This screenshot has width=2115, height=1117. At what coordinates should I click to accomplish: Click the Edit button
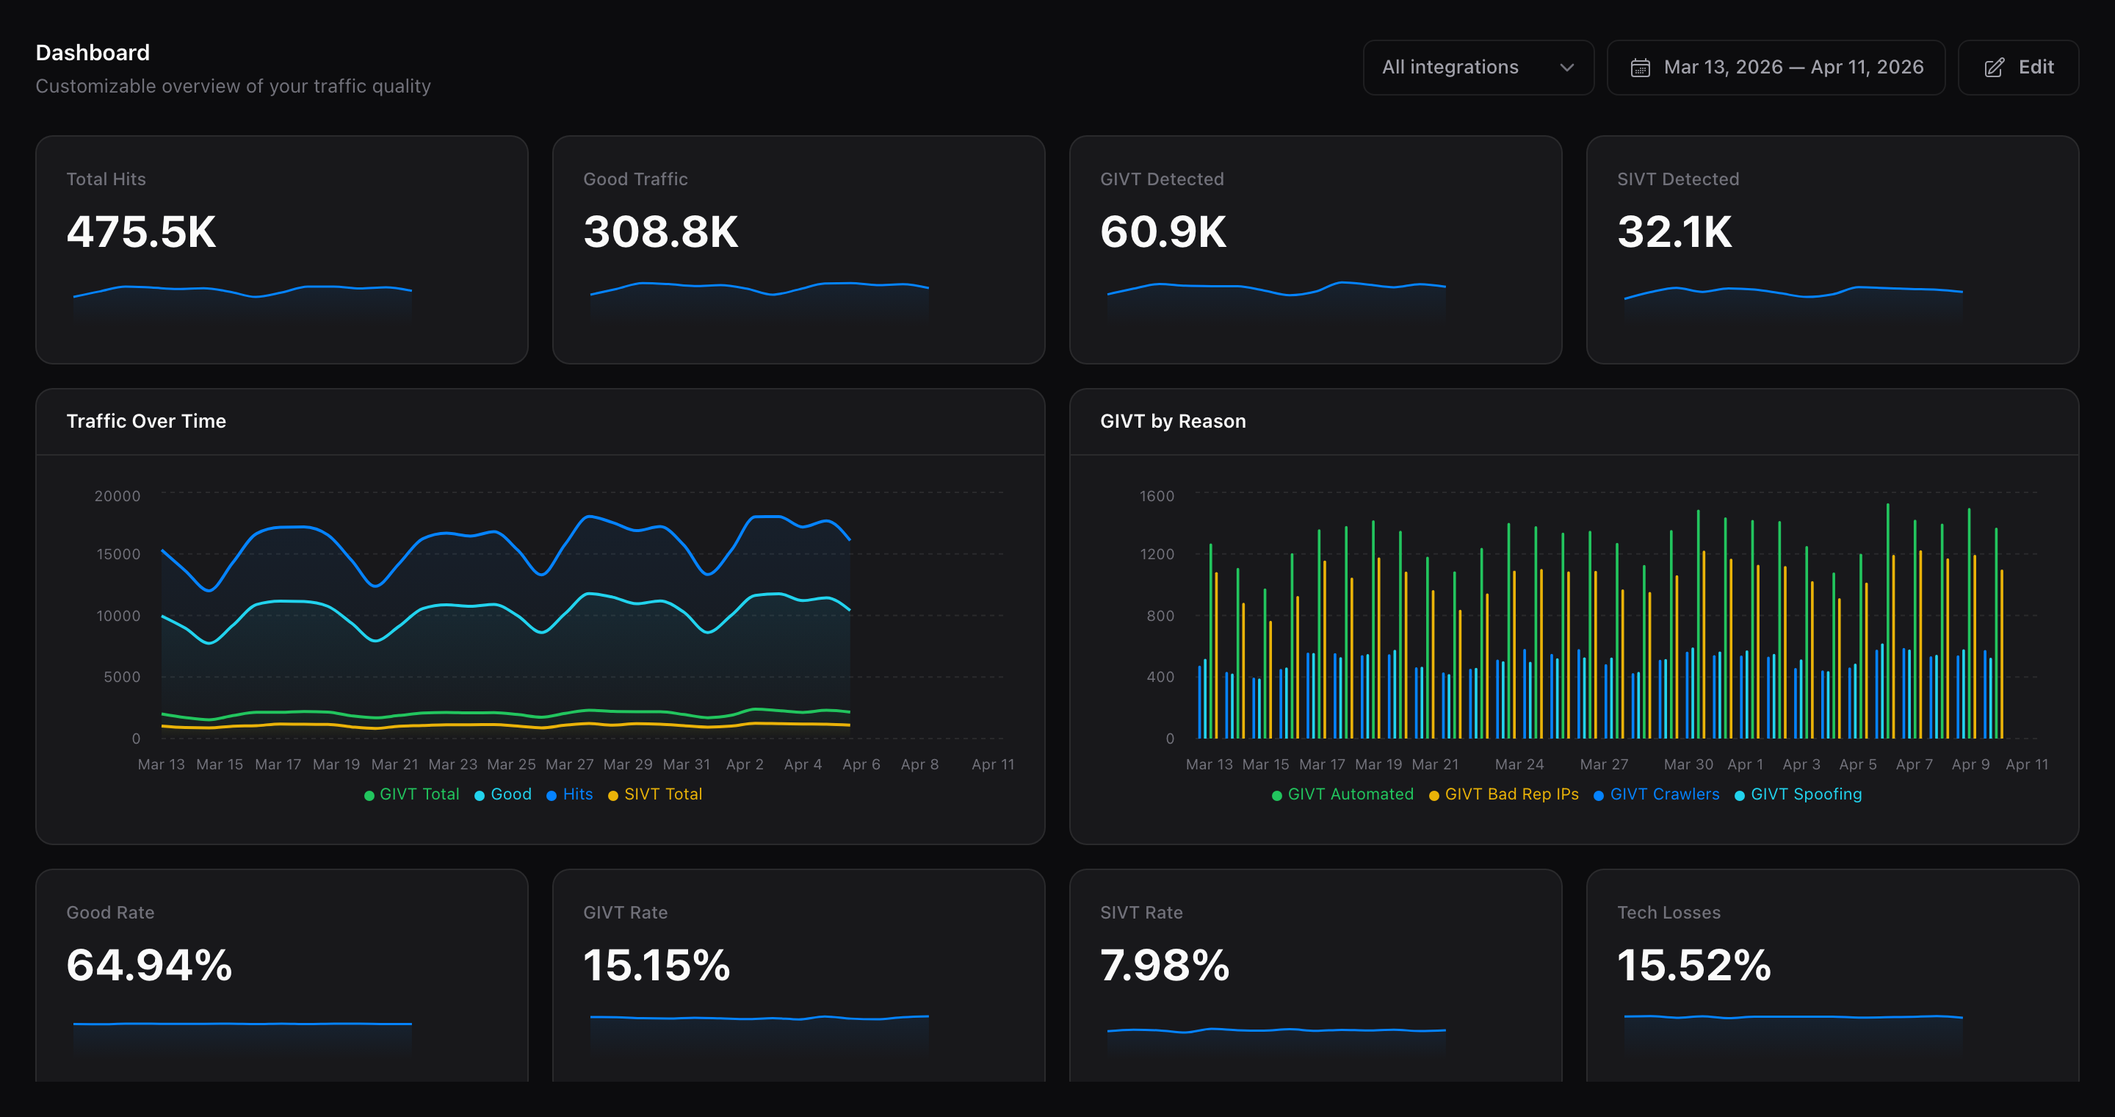(2018, 68)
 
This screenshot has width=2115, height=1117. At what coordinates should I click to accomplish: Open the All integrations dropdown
(1477, 68)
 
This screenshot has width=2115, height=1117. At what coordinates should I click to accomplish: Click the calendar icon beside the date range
(1640, 68)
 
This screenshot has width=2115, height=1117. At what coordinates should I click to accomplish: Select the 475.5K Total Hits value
(141, 231)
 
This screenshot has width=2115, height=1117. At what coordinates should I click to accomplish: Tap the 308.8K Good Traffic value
(660, 231)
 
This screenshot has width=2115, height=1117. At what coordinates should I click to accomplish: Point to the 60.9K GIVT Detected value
(1163, 231)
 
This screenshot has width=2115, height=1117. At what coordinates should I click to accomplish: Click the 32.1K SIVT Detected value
(1674, 231)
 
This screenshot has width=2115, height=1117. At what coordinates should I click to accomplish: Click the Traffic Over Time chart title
(146, 421)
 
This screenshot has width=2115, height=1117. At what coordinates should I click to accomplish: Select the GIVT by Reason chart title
(1173, 421)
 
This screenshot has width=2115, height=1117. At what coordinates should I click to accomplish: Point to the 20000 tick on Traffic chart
(117, 496)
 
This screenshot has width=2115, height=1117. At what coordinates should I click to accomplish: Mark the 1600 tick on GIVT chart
(1156, 496)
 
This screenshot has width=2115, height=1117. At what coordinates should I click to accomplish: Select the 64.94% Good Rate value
(149, 965)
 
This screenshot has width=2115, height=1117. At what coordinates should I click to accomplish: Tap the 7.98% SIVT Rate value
(1164, 965)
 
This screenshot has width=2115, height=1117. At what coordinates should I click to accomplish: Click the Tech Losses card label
(1668, 913)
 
